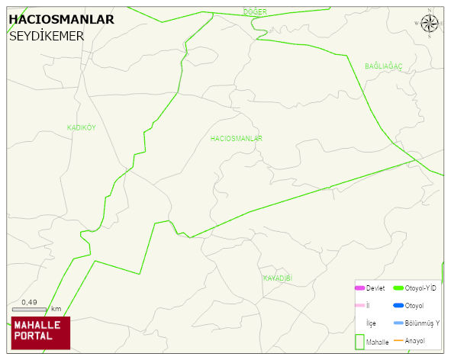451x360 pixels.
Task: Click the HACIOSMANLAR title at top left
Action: point(61,19)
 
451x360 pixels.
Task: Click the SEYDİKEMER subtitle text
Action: point(47,36)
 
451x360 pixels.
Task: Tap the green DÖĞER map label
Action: point(254,11)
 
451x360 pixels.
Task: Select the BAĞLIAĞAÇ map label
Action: point(383,67)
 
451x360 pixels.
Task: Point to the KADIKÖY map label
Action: point(82,127)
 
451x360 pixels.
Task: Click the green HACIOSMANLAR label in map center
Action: point(237,139)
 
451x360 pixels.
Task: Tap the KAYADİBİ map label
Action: point(278,278)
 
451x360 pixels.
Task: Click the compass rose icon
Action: point(430,24)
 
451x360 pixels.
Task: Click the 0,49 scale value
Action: point(29,302)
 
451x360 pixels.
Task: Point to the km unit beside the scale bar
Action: point(56,309)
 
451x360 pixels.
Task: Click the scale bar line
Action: point(29,310)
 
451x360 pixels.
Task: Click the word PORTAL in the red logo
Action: point(34,336)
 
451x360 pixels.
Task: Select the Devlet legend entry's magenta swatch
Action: point(359,288)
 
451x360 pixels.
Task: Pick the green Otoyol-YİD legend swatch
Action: point(398,288)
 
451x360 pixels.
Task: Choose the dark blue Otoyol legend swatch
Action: point(398,306)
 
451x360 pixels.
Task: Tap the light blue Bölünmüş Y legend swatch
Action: point(398,323)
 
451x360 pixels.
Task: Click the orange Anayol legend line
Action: point(398,340)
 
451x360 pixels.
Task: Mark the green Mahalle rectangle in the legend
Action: point(359,341)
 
